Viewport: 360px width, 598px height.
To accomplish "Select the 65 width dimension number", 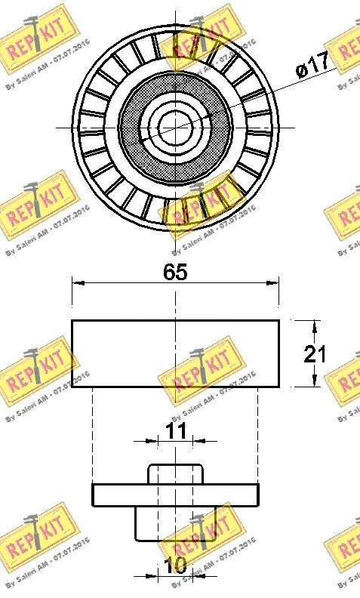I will (x=175, y=273).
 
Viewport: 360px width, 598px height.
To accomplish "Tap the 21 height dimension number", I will (x=314, y=354).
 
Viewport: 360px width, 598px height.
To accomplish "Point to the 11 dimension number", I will (x=175, y=431).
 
